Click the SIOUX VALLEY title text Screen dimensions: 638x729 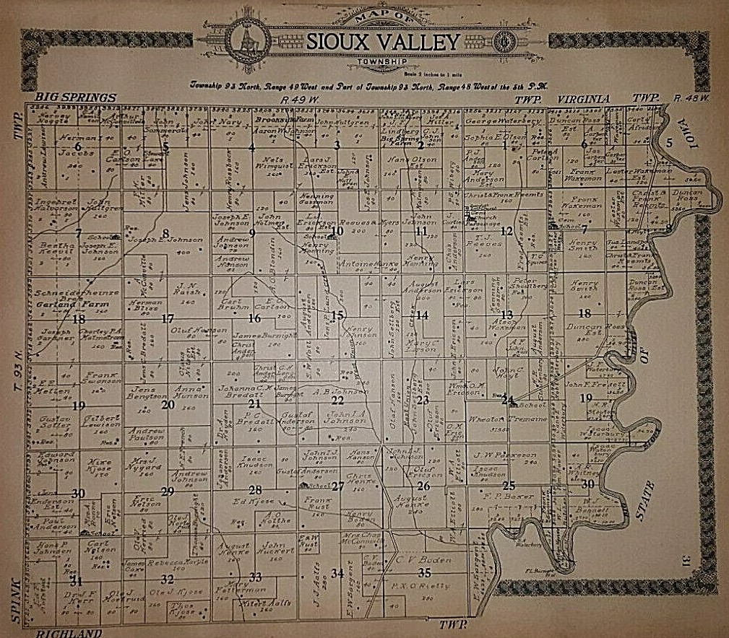pyautogui.click(x=382, y=41)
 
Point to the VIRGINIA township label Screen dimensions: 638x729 pyautogui.click(x=584, y=97)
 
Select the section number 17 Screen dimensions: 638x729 pyautogui.click(x=168, y=318)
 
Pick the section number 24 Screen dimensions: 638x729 pyautogui.click(x=508, y=399)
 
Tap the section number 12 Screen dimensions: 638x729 pyautogui.click(x=507, y=231)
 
